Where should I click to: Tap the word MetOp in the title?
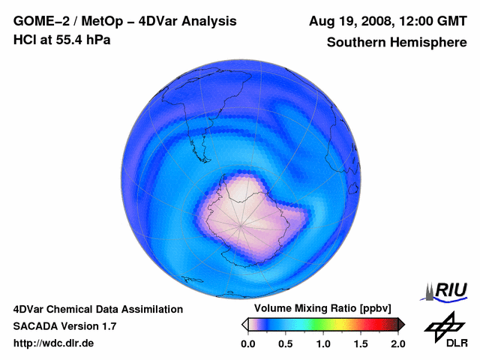(104, 21)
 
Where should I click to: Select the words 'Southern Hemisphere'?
(396, 43)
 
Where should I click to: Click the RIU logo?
(447, 290)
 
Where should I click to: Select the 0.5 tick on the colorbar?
(285, 343)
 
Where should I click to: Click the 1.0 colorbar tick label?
(323, 343)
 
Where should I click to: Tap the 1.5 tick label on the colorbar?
(361, 343)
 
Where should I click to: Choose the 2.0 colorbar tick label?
(398, 343)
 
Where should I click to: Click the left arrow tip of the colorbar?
(244, 324)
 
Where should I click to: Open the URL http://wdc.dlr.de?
(54, 343)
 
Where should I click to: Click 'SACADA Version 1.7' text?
(64, 326)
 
